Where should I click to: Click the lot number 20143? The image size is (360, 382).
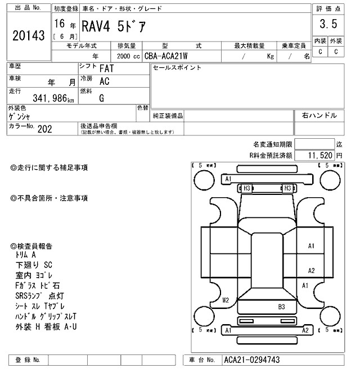(x=28, y=36)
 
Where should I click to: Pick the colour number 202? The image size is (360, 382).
(x=46, y=129)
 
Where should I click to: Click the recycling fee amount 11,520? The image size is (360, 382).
(x=319, y=154)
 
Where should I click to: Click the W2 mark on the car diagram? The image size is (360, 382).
(x=226, y=300)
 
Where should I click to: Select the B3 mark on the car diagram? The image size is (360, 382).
(x=281, y=307)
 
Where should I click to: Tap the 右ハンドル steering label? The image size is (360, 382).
(x=319, y=116)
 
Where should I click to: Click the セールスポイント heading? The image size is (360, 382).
(x=176, y=67)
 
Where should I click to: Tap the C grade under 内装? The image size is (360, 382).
(x=319, y=52)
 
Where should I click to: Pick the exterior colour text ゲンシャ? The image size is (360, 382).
(x=19, y=116)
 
